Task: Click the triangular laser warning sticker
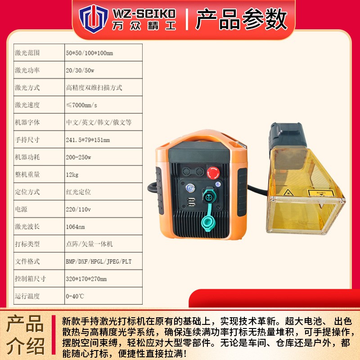(287, 193)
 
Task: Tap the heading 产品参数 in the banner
(241, 19)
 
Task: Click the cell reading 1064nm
(75, 226)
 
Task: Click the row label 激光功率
(27, 70)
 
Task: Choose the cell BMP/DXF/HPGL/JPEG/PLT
(99, 261)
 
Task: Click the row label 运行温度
(27, 296)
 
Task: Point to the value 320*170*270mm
(86, 279)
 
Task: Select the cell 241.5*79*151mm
(87, 139)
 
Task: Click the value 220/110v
(78, 209)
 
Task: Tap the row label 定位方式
(27, 192)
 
